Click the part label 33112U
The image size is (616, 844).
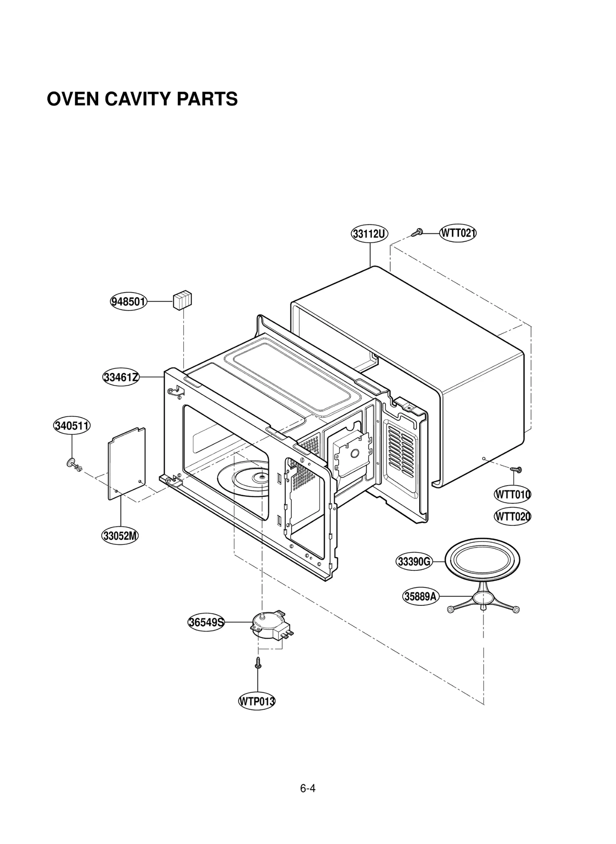click(369, 234)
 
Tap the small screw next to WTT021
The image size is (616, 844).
click(417, 232)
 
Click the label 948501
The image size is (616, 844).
click(129, 301)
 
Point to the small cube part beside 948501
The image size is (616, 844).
click(182, 300)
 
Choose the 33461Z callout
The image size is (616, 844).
click(121, 377)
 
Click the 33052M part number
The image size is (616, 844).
click(120, 536)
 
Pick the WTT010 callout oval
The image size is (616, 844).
click(512, 495)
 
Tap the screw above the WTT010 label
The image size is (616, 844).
click(515, 469)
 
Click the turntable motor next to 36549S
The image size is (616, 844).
click(268, 625)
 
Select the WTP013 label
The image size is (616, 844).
click(257, 701)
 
